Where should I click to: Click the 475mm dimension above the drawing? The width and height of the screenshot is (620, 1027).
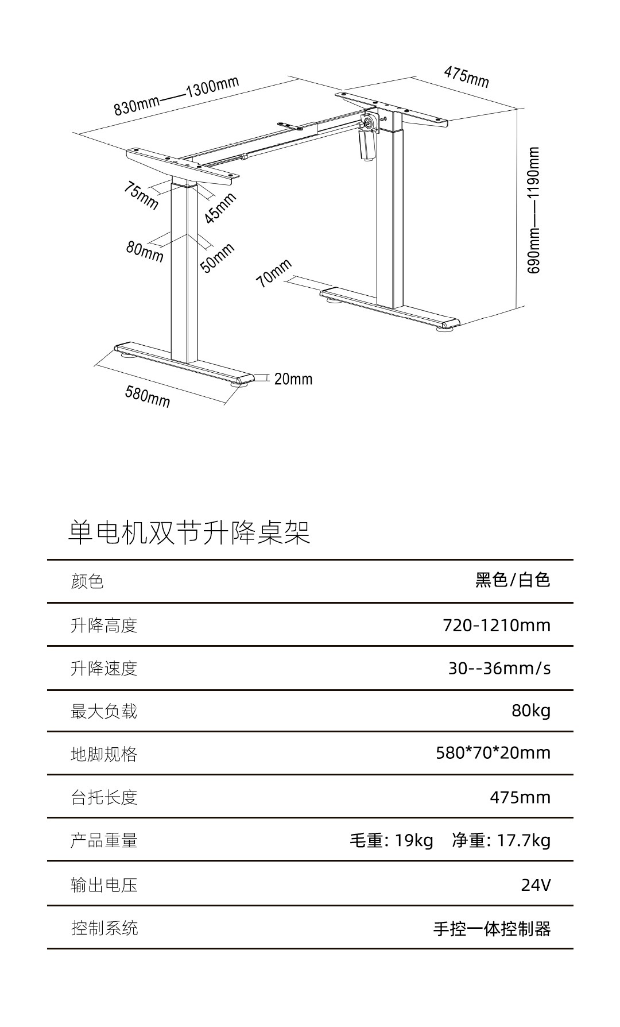[466, 77]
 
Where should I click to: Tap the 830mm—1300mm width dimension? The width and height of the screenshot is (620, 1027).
[176, 95]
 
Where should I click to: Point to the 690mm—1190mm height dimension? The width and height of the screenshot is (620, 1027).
[533, 210]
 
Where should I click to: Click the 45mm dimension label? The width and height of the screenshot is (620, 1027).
[220, 207]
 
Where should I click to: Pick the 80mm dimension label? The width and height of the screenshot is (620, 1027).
[145, 251]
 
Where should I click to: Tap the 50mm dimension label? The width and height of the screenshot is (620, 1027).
[218, 257]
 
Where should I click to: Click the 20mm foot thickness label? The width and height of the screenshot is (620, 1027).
[293, 379]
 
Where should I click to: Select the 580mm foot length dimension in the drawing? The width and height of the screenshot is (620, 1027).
[148, 396]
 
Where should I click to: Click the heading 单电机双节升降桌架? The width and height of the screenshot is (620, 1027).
[189, 532]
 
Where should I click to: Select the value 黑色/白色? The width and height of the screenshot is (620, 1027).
[513, 580]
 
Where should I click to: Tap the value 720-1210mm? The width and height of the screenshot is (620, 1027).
[497, 625]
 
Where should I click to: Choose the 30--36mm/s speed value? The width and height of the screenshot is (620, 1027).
[499, 668]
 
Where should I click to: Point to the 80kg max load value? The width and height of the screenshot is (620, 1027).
[531, 711]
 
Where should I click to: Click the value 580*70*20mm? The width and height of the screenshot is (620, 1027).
[493, 752]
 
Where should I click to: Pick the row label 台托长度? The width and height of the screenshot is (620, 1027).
[104, 797]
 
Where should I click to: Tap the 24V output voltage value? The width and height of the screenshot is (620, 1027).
[536, 885]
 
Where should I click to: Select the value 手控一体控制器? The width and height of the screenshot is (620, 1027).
[492, 928]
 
